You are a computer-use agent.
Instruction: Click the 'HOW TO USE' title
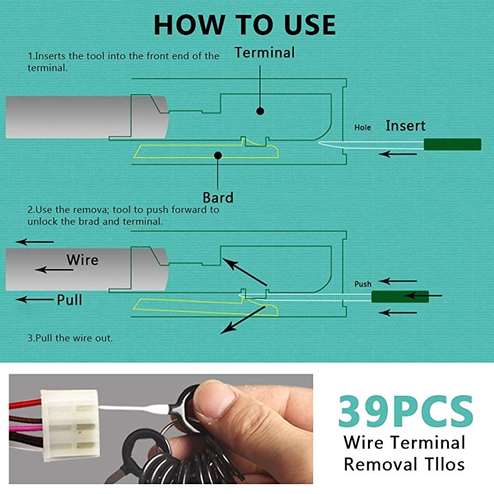245,25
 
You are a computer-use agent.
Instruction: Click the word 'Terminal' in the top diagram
264,53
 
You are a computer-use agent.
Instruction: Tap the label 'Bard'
218,198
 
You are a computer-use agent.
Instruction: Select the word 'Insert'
405,126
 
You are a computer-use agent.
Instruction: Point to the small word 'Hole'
362,128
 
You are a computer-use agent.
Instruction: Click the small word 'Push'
362,284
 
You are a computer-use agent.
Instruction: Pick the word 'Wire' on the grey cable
82,259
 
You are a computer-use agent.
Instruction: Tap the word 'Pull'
69,300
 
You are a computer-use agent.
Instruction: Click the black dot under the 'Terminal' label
261,111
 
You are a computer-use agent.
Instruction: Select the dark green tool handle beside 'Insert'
452,144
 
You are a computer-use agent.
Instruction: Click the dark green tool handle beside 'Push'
400,296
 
